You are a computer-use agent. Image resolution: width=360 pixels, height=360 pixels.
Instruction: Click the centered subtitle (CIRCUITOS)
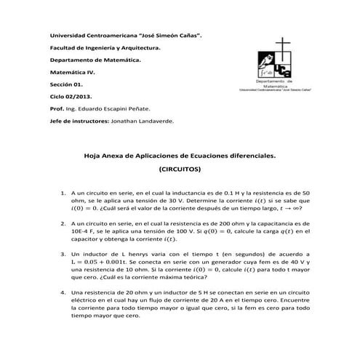tap(180, 168)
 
